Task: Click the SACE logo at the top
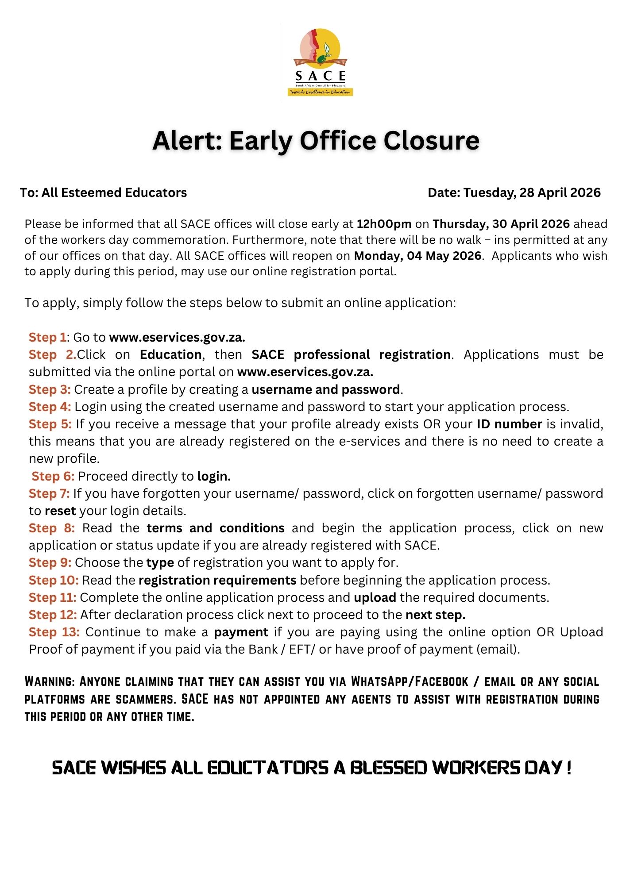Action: pos(320,62)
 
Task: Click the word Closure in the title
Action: pos(431,141)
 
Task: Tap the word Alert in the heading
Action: pos(187,141)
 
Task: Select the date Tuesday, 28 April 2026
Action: pos(532,192)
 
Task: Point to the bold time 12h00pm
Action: pos(384,224)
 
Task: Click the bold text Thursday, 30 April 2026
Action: pos(501,224)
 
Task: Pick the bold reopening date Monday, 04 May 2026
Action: pos(417,256)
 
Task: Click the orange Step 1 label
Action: pos(47,337)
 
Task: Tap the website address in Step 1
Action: pos(177,337)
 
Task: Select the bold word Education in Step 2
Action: pos(170,354)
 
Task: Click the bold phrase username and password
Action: pos(326,389)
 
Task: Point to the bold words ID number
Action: pos(509,424)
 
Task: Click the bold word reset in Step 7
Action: pos(60,511)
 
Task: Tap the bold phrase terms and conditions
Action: pos(216,528)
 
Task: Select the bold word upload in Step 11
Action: pos(375,597)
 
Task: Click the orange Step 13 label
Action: pos(54,632)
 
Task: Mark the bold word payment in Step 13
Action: pos(241,632)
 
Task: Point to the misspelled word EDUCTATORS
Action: pos(267,768)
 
